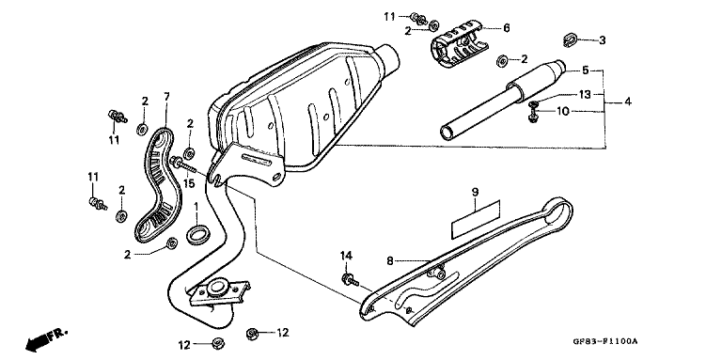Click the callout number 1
[x=196, y=206]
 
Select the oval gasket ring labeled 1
[x=198, y=232]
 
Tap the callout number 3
[x=603, y=39]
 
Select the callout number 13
[x=584, y=94]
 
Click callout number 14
[x=345, y=255]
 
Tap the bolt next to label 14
[x=350, y=278]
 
